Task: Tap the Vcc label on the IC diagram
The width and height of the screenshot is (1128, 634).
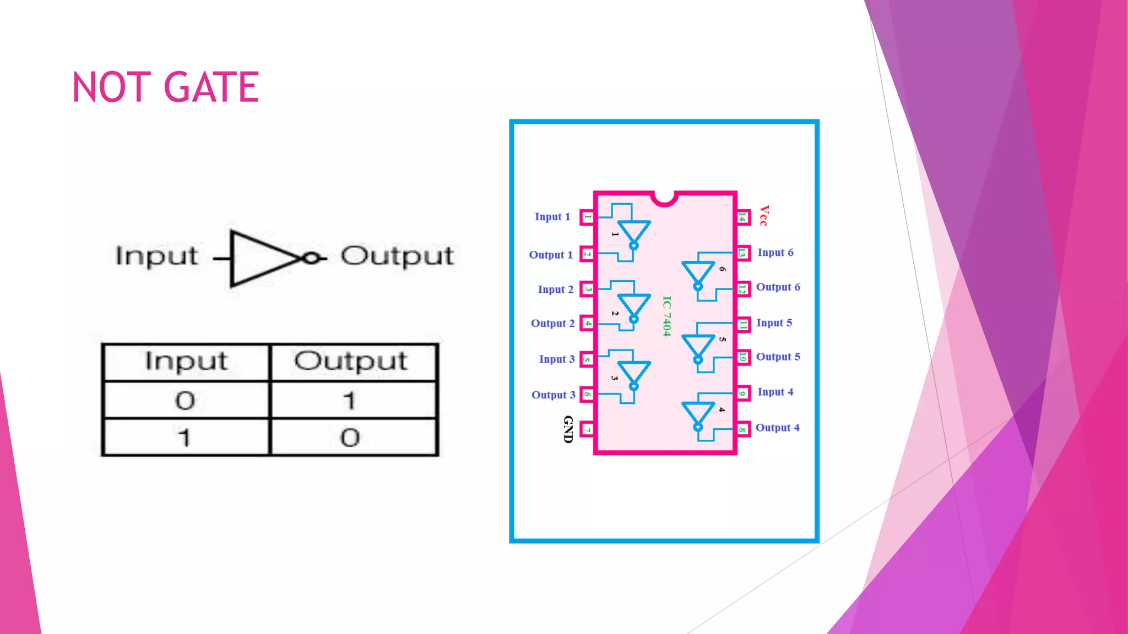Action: [764, 215]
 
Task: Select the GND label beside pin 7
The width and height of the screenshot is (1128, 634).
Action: [568, 429]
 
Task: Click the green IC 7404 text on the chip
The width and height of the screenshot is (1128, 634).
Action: [666, 316]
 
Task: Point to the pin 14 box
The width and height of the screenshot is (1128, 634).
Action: [742, 217]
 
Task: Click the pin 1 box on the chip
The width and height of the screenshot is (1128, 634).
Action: [587, 217]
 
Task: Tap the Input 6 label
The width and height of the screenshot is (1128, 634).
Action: [775, 253]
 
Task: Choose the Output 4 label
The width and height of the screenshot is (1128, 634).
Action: [777, 428]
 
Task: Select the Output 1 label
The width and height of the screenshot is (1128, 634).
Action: [551, 255]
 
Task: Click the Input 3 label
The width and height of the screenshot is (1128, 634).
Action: [557, 359]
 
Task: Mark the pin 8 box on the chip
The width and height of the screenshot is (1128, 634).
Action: [742, 429]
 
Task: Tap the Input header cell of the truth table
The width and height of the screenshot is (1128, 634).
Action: [186, 362]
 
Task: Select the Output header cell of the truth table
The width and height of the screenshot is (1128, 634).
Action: [351, 362]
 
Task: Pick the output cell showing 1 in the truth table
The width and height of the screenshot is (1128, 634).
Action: [351, 400]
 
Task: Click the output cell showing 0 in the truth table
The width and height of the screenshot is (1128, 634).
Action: [351, 438]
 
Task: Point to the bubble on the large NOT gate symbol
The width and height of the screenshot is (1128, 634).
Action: [312, 258]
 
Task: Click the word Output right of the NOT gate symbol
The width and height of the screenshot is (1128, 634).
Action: [397, 256]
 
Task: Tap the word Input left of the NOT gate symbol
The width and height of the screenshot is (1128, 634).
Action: [156, 256]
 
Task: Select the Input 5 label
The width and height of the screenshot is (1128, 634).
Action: [774, 323]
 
